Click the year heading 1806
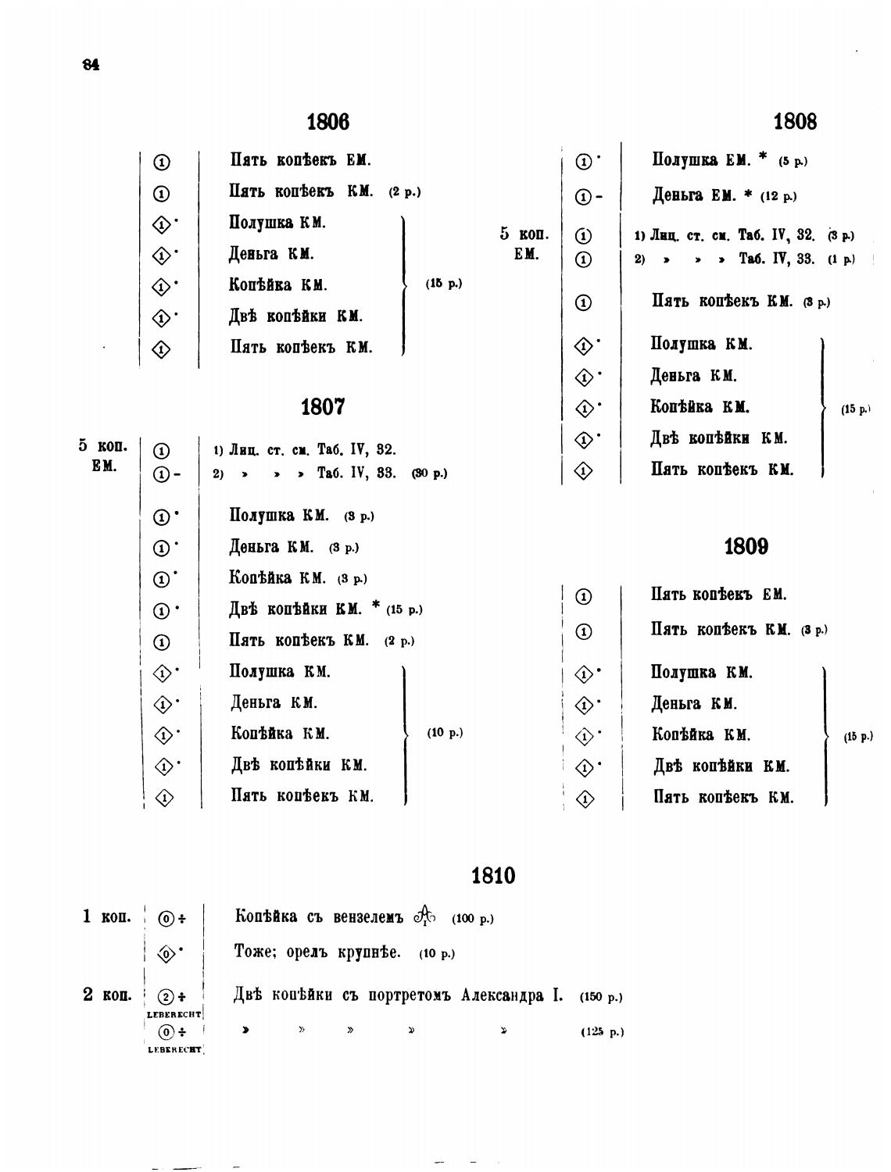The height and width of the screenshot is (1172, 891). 327,122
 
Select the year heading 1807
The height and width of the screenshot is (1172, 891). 322,407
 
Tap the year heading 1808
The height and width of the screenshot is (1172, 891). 795,121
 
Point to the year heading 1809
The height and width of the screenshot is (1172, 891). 746,546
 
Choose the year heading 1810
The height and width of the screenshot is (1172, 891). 494,876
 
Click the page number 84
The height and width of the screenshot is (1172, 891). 91,65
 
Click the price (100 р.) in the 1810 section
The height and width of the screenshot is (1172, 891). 472,919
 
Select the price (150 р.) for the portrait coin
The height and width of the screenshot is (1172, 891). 601,997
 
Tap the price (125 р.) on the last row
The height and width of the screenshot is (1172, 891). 602,1032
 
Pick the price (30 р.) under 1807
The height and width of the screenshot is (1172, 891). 429,473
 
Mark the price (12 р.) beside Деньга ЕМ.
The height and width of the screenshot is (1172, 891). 778,196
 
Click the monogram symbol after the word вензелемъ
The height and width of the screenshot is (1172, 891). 425,914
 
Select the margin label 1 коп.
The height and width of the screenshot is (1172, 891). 107,917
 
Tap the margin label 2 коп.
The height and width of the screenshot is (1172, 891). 107,995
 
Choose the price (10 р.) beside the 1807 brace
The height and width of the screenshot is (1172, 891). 445,733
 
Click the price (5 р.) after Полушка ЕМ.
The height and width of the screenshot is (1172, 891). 793,161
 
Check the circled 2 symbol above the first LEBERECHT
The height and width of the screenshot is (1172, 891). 165,997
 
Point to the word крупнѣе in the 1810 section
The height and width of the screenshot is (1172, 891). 369,952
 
